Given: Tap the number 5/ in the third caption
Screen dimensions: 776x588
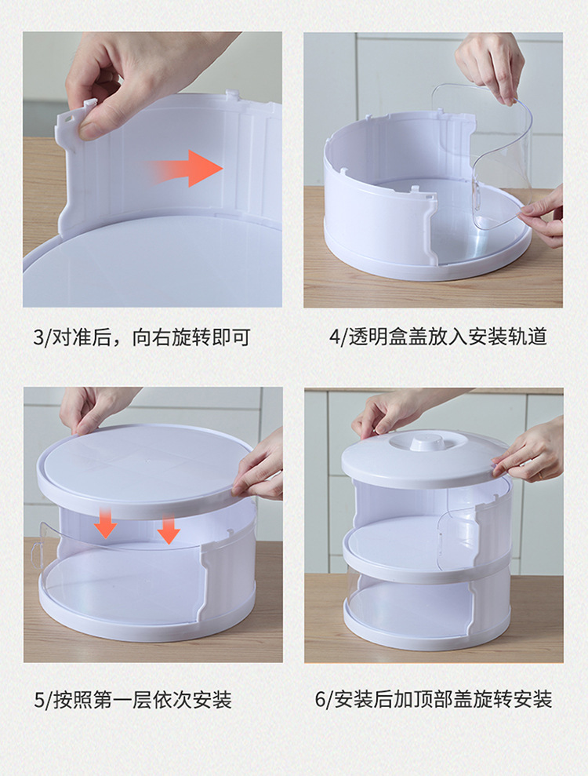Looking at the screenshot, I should [42, 699].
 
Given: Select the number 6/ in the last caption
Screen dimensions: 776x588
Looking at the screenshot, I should [325, 699].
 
